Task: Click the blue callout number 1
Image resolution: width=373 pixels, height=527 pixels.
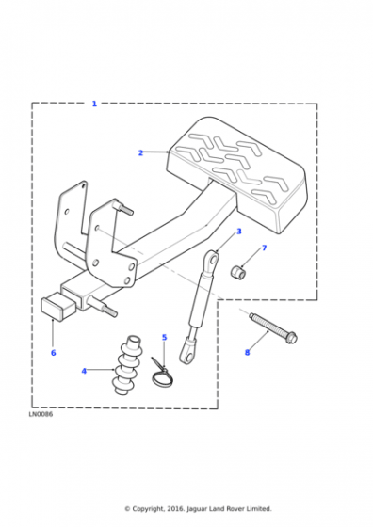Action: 94,104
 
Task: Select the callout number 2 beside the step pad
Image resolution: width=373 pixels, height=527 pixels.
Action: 140,152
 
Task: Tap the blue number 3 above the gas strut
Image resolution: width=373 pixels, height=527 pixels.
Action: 239,232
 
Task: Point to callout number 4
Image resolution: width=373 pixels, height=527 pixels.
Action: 84,371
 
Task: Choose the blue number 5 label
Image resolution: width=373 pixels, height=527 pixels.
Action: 165,337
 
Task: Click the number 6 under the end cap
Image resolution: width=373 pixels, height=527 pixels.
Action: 53,353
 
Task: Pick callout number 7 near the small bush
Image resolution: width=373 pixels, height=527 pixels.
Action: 265,248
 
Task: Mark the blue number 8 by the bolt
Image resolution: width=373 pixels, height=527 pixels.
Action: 247,352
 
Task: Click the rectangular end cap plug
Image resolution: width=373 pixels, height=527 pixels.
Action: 57,307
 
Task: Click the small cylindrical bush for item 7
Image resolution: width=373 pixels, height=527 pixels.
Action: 238,272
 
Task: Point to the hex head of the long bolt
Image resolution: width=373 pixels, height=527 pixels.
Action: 291,337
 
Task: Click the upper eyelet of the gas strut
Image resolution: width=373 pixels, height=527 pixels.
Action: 212,260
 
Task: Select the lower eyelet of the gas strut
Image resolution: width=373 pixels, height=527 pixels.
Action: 187,353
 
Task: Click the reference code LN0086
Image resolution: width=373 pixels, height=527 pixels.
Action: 41,414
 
